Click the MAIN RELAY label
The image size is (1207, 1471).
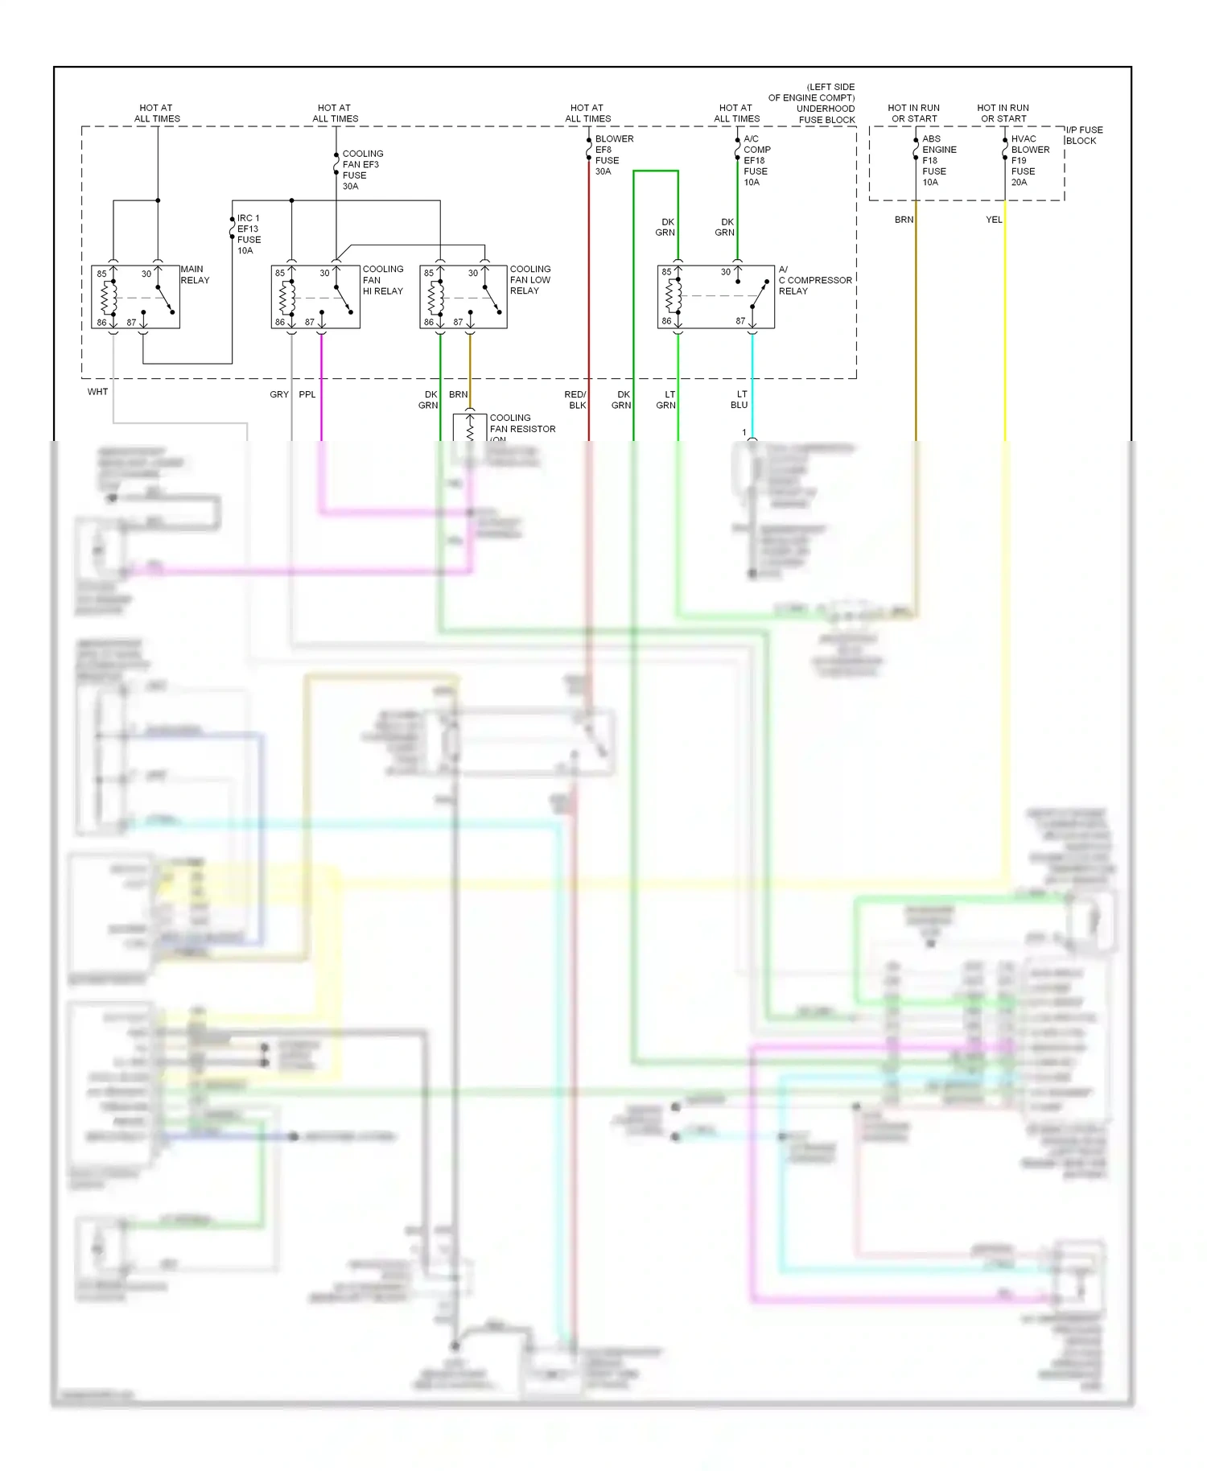click(x=194, y=274)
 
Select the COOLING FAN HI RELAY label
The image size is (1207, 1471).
click(x=382, y=280)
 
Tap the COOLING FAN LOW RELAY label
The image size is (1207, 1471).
click(x=529, y=280)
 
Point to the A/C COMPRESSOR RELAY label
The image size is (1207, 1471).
click(x=814, y=280)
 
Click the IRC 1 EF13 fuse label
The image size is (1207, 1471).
click(x=248, y=234)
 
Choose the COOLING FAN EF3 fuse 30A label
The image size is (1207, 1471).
click(x=361, y=170)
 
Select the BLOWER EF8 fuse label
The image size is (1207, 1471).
click(x=613, y=155)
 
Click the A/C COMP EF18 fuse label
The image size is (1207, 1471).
click(x=756, y=160)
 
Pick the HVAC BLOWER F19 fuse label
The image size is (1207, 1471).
click(x=1029, y=160)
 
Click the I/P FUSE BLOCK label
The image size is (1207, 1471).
click(x=1084, y=135)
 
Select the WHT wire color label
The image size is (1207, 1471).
click(x=97, y=392)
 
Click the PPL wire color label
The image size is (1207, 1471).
click(x=307, y=394)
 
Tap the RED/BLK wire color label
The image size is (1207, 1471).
click(x=575, y=400)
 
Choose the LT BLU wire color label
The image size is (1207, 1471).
click(x=739, y=400)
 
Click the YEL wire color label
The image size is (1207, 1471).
click(x=994, y=220)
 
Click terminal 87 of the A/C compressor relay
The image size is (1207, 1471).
click(x=740, y=321)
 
